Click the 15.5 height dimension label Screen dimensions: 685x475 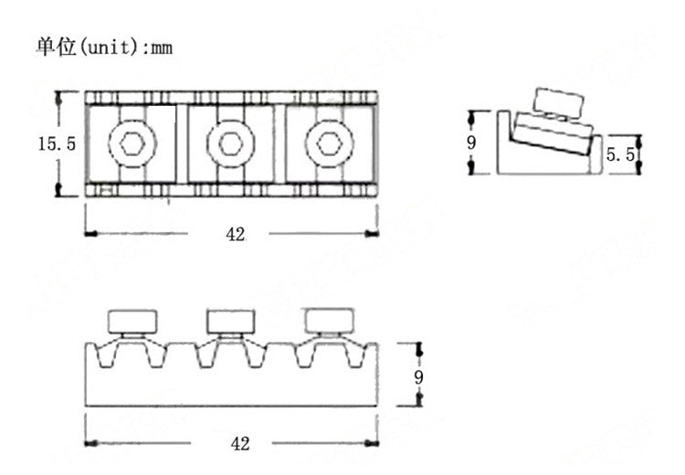click(x=57, y=143)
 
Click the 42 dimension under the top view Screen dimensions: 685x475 click(x=236, y=235)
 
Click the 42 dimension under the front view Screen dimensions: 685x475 click(x=240, y=444)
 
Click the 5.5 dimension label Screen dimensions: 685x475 click(x=620, y=154)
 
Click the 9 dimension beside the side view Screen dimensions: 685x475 click(x=471, y=142)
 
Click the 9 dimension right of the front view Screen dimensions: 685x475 click(x=418, y=377)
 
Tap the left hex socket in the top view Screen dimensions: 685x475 click(x=132, y=143)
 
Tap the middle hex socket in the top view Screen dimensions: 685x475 click(x=231, y=143)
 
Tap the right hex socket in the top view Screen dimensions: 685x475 click(x=329, y=143)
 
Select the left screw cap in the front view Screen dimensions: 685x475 click(x=132, y=322)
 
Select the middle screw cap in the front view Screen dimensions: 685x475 click(x=231, y=322)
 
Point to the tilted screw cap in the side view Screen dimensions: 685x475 click(x=559, y=103)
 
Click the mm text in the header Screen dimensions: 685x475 click(x=162, y=48)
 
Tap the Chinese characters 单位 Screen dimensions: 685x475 click(x=56, y=47)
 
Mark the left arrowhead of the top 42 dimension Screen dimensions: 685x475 click(x=90, y=234)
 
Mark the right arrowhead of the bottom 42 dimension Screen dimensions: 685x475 click(x=372, y=444)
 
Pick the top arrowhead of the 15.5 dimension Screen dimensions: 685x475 click(x=58, y=99)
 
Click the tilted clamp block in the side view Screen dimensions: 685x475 click(x=553, y=133)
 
